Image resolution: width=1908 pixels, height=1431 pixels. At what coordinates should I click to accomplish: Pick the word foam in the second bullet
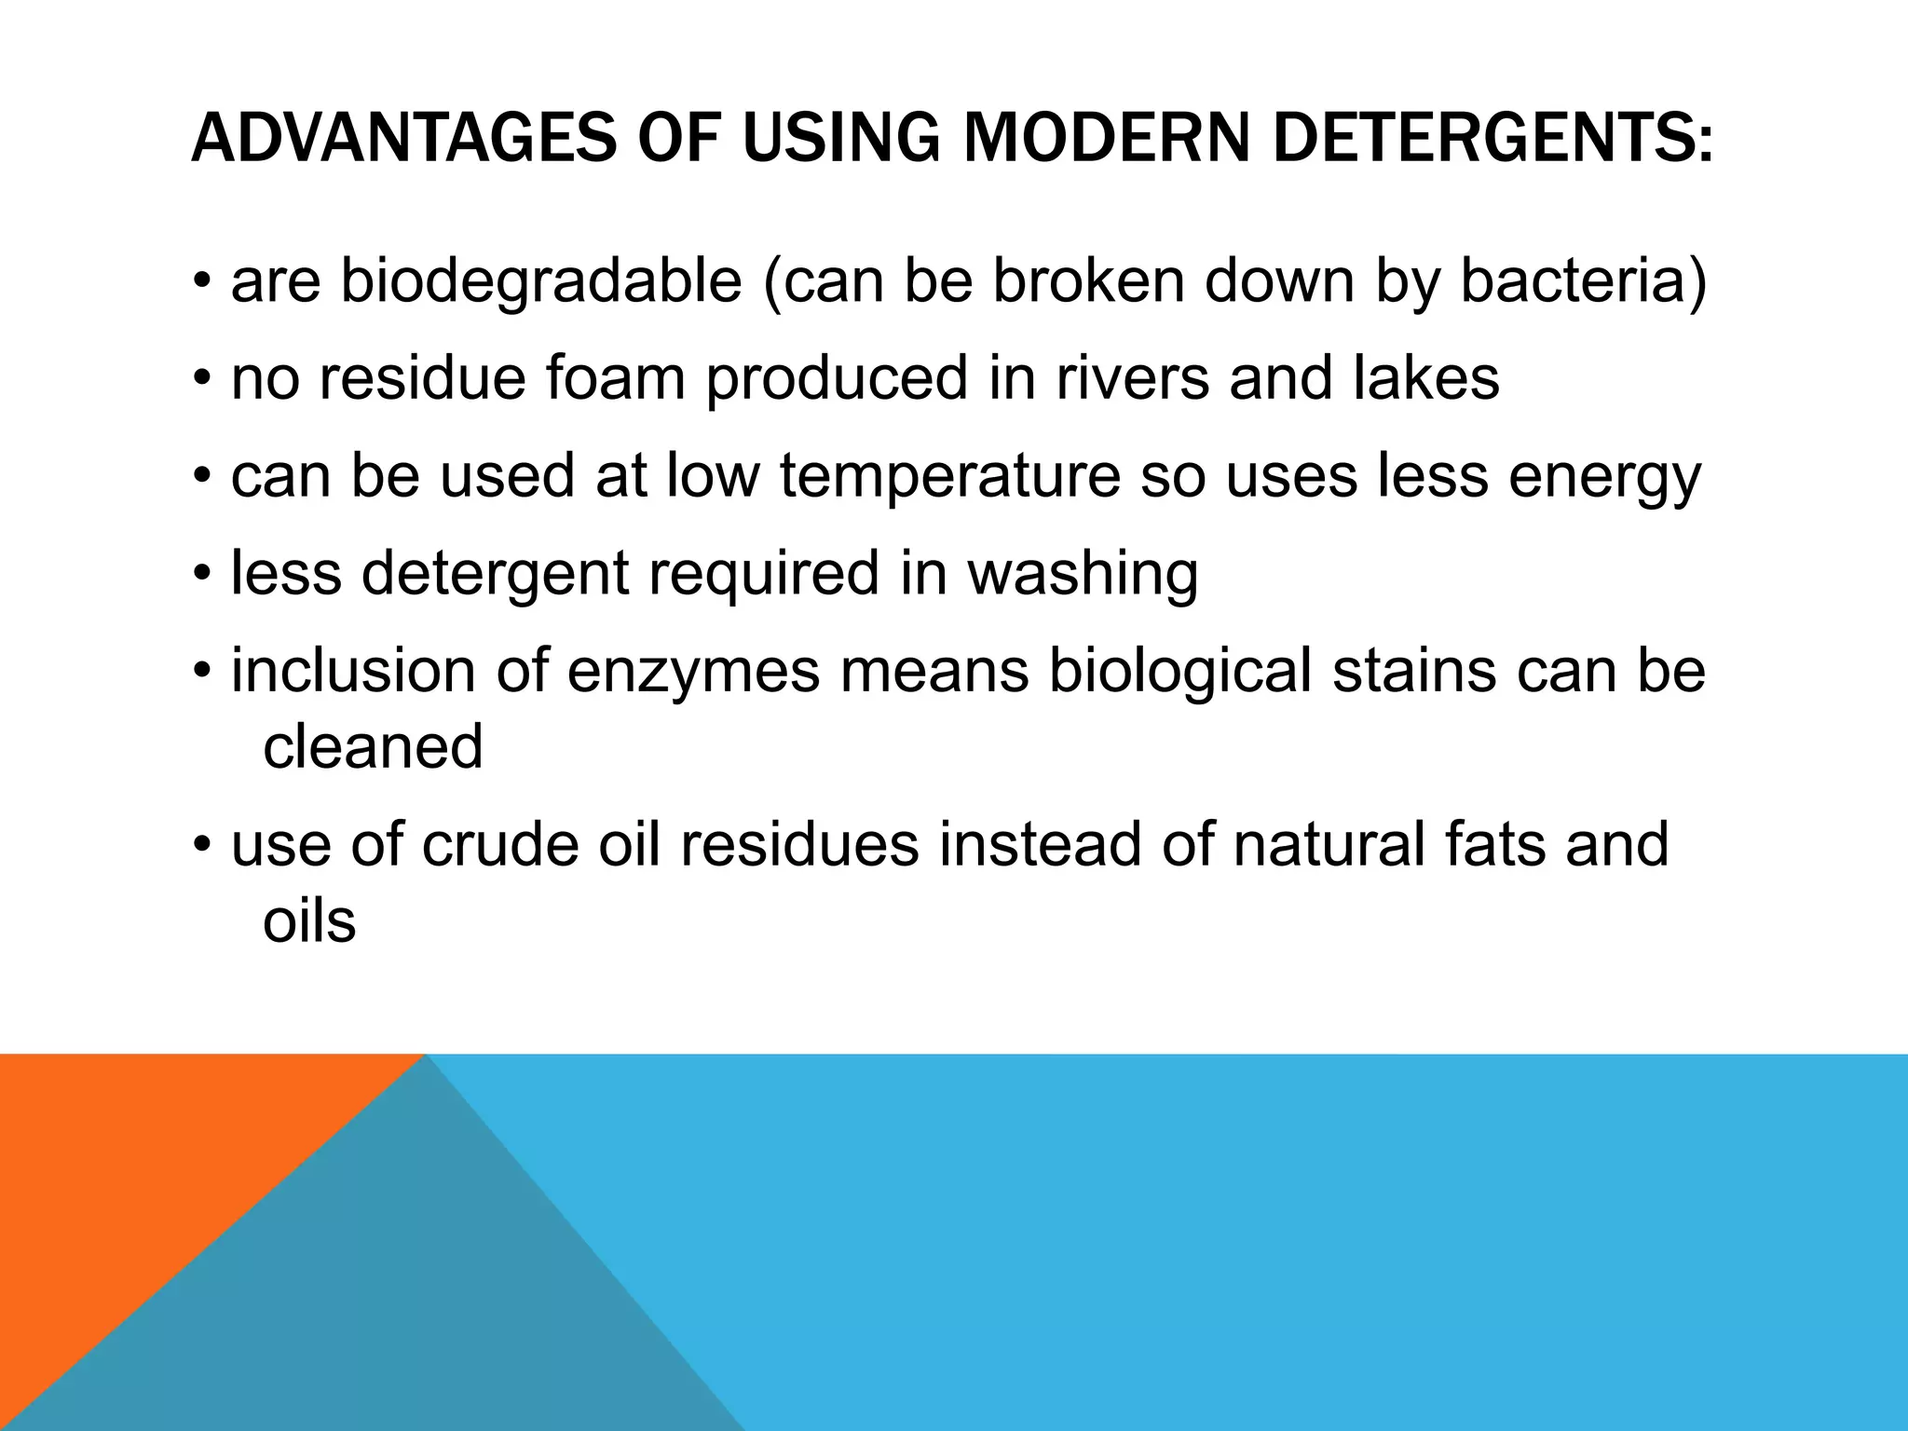(x=616, y=378)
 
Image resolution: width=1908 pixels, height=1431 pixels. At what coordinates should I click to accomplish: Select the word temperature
(x=950, y=477)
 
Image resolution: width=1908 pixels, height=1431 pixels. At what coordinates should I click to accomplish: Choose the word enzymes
(x=693, y=673)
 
